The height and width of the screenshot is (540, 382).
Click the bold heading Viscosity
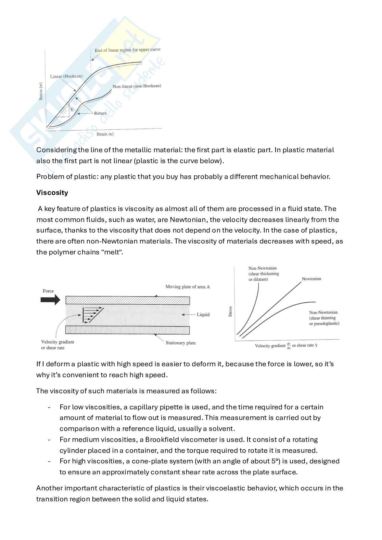coord(52,193)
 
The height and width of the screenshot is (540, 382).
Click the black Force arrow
coord(50,300)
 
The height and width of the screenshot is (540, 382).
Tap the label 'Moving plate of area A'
coord(188,287)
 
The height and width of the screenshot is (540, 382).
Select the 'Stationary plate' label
coord(180,343)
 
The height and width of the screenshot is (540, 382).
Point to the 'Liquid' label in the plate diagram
coord(203,315)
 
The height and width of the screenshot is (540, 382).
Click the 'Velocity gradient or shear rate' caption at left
coord(57,345)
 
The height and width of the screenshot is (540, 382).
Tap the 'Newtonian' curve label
coord(311,279)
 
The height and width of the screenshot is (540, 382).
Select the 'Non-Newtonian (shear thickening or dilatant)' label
coord(264,274)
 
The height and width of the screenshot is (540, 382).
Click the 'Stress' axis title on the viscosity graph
coord(230,311)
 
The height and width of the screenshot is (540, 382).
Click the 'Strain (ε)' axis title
coord(105,134)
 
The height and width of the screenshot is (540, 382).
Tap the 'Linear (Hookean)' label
coord(66,76)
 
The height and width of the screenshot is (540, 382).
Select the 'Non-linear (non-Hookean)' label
coord(137,86)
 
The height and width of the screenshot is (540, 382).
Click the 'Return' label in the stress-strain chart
coord(100,113)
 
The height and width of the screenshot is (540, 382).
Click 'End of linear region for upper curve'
coord(127,50)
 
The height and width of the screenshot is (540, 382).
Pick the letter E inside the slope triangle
coord(72,109)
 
